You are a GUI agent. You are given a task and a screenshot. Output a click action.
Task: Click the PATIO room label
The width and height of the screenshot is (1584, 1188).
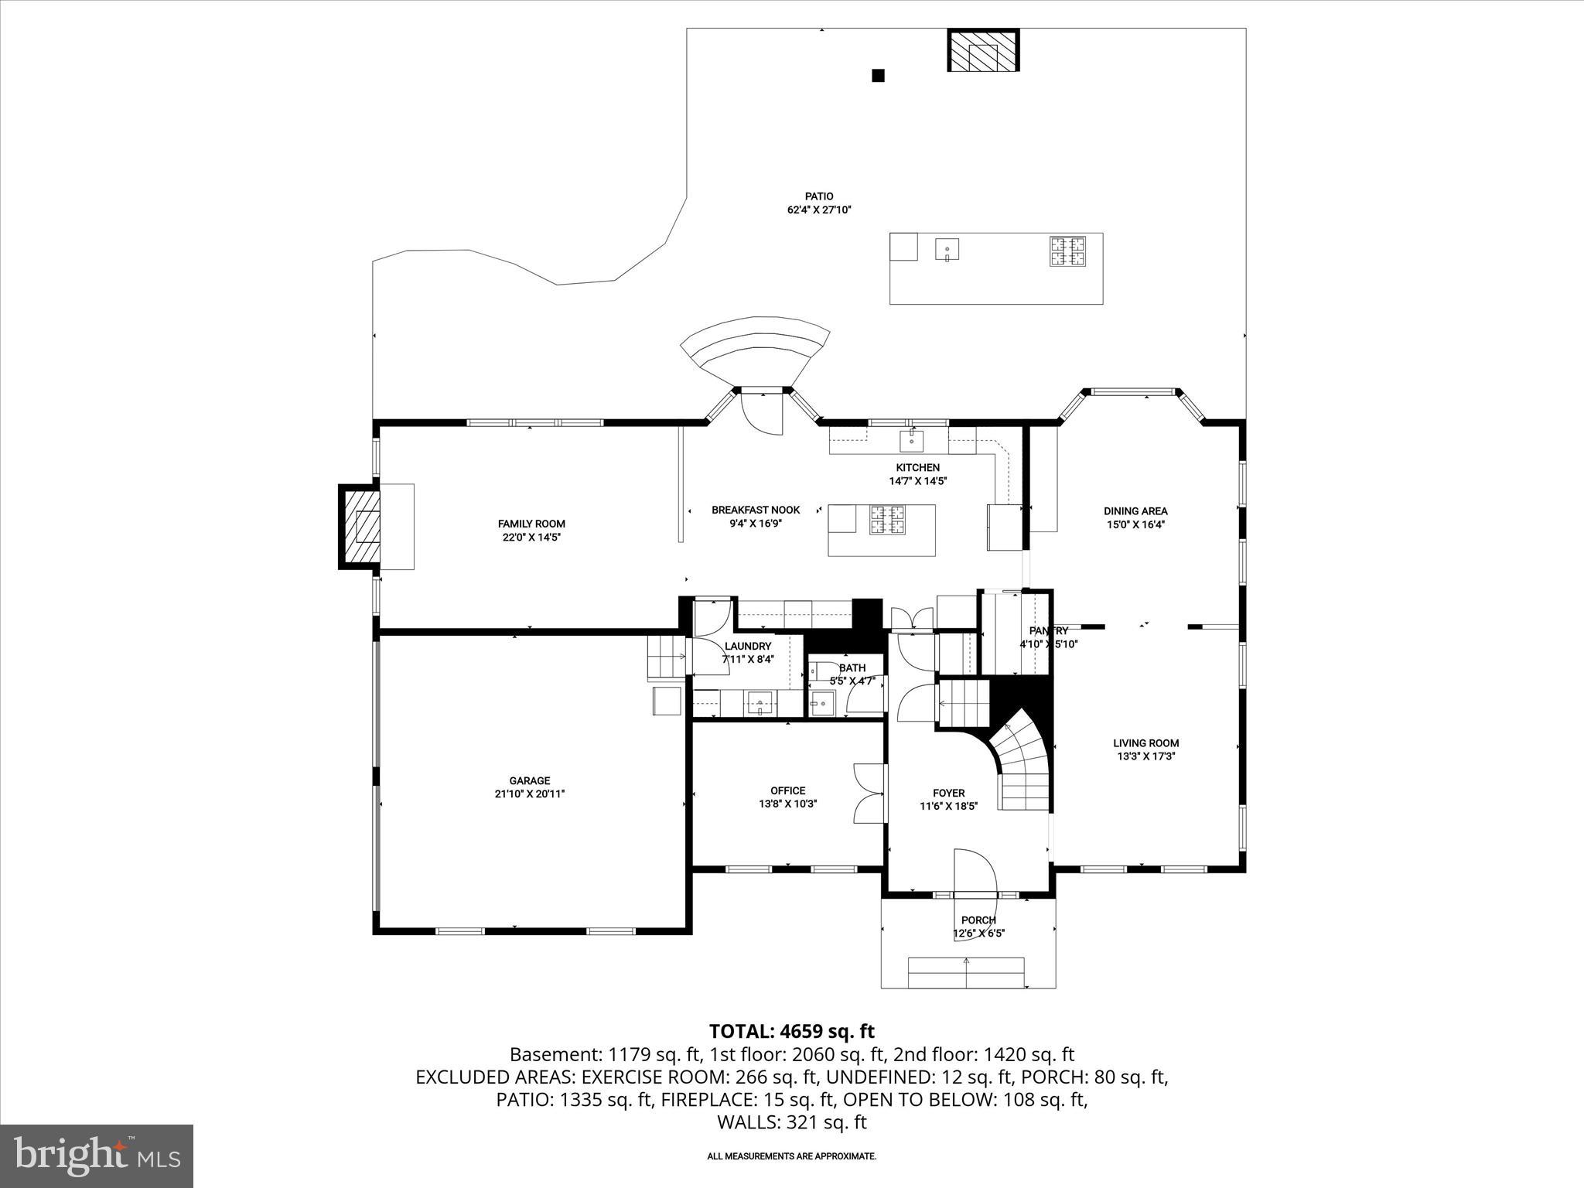tap(818, 196)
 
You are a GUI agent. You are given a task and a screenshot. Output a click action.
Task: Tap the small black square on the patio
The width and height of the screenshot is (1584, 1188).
tap(878, 75)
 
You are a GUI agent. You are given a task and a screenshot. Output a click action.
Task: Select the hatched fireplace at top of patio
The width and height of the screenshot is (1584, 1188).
tap(984, 51)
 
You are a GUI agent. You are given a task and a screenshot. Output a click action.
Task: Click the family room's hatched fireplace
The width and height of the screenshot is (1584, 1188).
tap(361, 527)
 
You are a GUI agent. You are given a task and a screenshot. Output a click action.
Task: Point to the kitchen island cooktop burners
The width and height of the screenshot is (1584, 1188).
tap(888, 520)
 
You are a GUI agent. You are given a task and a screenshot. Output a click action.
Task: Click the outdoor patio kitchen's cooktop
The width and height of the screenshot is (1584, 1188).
tap(1067, 251)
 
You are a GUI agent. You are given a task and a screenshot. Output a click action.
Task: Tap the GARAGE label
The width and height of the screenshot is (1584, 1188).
tap(530, 780)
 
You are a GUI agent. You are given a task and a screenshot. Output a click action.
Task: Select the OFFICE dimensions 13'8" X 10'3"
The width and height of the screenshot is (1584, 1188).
tap(787, 804)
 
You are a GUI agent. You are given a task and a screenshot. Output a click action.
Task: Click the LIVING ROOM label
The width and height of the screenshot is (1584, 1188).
tap(1145, 743)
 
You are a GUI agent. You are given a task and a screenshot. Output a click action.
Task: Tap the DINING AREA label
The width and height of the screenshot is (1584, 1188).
tap(1135, 510)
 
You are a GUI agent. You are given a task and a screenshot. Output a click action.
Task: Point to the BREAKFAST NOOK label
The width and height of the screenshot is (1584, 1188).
tap(755, 510)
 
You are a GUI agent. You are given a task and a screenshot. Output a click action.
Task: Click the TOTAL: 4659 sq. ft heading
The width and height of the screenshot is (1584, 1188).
tap(791, 1031)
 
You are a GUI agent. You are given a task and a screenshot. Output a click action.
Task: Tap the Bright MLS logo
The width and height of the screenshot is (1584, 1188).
tap(97, 1156)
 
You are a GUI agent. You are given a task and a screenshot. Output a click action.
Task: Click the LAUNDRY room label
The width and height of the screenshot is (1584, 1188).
tap(747, 646)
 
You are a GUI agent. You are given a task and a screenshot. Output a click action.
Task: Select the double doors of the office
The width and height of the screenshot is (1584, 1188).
tap(869, 794)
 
